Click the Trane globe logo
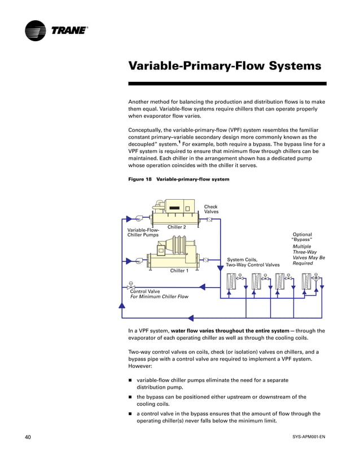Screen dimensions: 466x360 pyautogui.click(x=36, y=30)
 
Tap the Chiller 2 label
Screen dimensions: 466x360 pyautogui.click(x=177, y=227)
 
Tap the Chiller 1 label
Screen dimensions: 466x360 pyautogui.click(x=179, y=271)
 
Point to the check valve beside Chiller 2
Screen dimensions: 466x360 pyautogui.click(x=209, y=219)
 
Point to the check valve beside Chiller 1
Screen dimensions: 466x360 pyautogui.click(x=205, y=260)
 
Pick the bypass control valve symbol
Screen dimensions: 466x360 pyautogui.click(x=131, y=286)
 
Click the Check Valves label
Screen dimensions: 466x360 pyautogui.click(x=211, y=209)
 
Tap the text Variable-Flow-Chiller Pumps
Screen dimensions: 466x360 pyautogui.click(x=143, y=232)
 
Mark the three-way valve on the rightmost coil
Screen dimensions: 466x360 pyautogui.click(x=315, y=278)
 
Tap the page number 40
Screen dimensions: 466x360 pyautogui.click(x=28, y=437)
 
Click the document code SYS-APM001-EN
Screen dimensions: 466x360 pyautogui.click(x=309, y=437)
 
